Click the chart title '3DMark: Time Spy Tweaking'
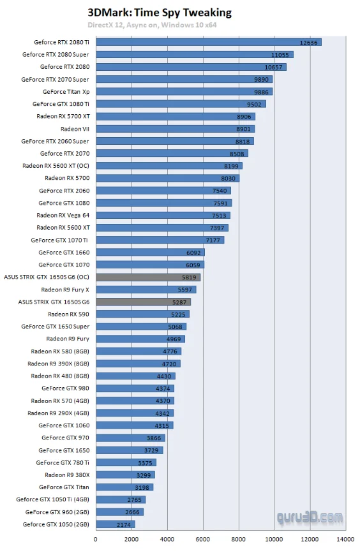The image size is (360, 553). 160,13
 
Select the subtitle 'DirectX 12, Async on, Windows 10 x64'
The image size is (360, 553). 160,25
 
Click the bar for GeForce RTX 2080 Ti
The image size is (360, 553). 208,43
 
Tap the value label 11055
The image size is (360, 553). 280,55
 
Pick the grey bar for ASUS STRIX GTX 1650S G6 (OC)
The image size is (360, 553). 148,277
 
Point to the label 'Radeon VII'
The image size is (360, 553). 75,129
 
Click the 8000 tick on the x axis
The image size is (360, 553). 239,539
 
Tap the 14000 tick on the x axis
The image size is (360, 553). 345,539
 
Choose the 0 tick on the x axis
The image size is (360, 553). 96,539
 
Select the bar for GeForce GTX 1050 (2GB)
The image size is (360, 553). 115,524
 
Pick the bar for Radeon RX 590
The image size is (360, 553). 142,314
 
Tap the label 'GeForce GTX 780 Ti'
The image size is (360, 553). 63,462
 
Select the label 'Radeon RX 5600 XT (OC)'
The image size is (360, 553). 56,166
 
